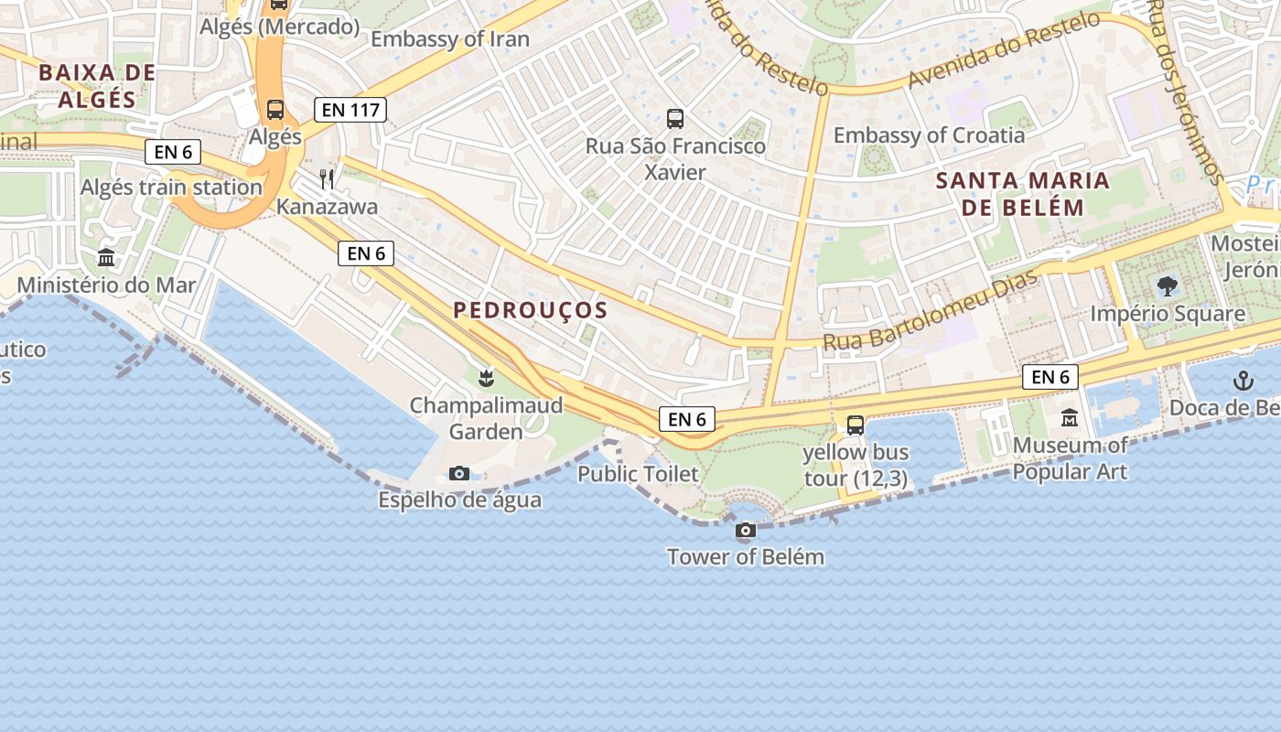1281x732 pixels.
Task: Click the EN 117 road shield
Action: tap(350, 111)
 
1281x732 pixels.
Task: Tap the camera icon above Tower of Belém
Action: tap(746, 530)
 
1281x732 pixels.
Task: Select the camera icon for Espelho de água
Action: tap(459, 473)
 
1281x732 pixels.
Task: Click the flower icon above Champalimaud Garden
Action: tap(486, 377)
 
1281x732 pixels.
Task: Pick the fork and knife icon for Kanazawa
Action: tap(327, 178)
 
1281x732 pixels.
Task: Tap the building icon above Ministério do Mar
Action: tap(106, 257)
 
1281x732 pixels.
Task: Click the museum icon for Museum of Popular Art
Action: tap(1070, 418)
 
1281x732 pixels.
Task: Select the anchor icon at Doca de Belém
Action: tap(1243, 381)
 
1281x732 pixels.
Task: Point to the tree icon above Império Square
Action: tap(1167, 286)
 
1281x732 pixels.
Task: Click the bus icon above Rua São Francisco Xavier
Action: tap(675, 118)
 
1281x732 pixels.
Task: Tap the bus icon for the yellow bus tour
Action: tap(856, 425)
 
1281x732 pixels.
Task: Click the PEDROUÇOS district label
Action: tap(531, 310)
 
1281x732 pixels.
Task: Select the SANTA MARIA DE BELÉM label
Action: tap(1022, 193)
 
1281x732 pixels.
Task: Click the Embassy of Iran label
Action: tap(450, 38)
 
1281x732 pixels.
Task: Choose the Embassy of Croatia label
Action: tap(929, 135)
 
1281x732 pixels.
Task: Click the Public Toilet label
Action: tap(638, 474)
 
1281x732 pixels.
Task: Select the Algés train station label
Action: tap(171, 188)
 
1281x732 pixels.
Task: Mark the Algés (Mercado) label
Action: tap(280, 27)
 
